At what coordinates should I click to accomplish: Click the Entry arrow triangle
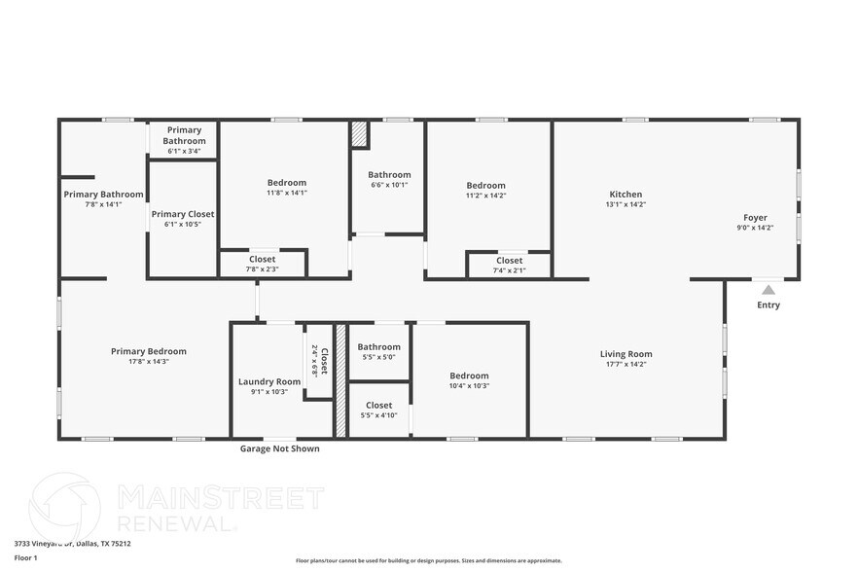pyautogui.click(x=769, y=289)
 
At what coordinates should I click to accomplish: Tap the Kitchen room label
pyautogui.click(x=626, y=195)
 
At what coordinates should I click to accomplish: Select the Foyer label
pyautogui.click(x=755, y=218)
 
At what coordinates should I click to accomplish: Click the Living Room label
pyautogui.click(x=626, y=354)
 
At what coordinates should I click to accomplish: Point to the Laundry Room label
pyautogui.click(x=269, y=381)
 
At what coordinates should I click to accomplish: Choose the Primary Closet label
pyautogui.click(x=183, y=214)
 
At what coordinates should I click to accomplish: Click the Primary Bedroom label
pyautogui.click(x=149, y=351)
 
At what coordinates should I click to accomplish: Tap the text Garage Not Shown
pyautogui.click(x=279, y=448)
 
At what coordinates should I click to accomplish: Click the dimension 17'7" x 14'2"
pyautogui.click(x=626, y=365)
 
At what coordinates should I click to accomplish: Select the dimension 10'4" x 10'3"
pyautogui.click(x=469, y=386)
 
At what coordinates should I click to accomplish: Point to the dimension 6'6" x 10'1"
pyautogui.click(x=389, y=185)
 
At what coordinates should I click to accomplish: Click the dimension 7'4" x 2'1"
pyautogui.click(x=510, y=270)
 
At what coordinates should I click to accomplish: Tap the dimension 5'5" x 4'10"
pyautogui.click(x=379, y=415)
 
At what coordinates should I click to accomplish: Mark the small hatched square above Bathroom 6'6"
pyautogui.click(x=360, y=134)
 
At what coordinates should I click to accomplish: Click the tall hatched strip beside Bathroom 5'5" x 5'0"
pyautogui.click(x=340, y=379)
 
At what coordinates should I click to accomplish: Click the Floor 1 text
pyautogui.click(x=25, y=558)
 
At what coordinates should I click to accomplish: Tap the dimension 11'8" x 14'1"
pyautogui.click(x=287, y=193)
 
